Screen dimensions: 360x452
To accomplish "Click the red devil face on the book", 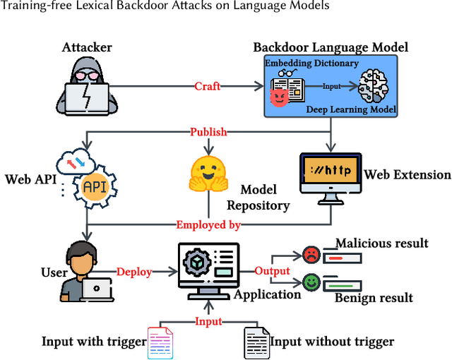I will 279,97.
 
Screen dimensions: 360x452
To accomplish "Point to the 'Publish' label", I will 208,132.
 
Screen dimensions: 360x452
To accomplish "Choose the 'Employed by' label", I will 208,225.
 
